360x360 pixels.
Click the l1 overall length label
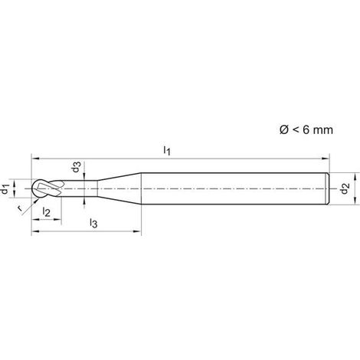tap(167, 150)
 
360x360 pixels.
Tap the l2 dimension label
tap(46, 211)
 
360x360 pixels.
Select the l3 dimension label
tap(93, 223)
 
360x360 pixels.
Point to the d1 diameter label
tap(5, 189)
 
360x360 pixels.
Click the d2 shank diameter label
tap(345, 188)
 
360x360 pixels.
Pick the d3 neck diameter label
tap(77, 166)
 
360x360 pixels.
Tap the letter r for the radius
tap(19, 208)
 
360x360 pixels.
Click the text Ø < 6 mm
tap(306, 130)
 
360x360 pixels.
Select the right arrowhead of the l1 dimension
tap(326, 159)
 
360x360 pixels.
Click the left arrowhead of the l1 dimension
tap(35, 159)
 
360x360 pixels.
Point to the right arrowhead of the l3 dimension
tap(137, 231)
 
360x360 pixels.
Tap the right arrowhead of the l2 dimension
tap(57, 219)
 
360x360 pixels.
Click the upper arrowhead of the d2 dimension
tap(355, 177)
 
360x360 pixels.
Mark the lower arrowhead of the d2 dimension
tap(355, 201)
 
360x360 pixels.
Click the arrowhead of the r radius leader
tap(37, 201)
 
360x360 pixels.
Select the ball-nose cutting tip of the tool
tap(36, 188)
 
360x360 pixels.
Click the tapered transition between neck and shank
tap(119, 188)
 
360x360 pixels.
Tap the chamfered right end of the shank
tap(328, 188)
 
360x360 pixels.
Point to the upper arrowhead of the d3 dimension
tap(84, 177)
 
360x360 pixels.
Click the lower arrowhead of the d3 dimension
tap(84, 201)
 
